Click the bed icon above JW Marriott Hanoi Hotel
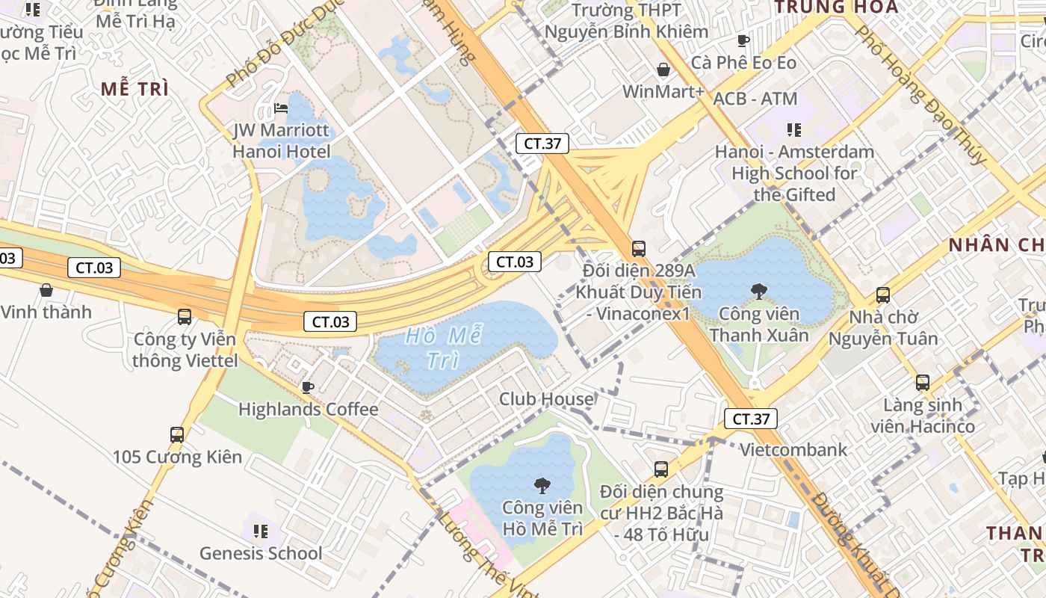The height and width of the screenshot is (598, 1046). coord(281,108)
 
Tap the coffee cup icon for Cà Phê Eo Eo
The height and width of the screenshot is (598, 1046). coord(743,40)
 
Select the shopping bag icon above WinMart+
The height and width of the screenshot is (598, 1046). coord(663,70)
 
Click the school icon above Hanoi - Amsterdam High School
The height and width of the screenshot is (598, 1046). coord(793,130)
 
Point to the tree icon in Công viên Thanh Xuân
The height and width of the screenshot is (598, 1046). coord(758,291)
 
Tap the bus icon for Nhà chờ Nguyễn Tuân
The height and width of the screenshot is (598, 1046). coord(882,295)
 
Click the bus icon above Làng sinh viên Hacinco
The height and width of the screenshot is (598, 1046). coord(923,383)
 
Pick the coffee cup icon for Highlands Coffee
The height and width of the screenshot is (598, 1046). coord(307,386)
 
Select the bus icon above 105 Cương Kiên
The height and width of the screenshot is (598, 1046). coord(177,434)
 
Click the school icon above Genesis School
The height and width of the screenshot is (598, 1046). coord(260,531)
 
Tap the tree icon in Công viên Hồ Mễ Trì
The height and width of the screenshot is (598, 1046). coord(542,486)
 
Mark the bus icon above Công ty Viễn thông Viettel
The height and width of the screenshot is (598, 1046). coord(185,317)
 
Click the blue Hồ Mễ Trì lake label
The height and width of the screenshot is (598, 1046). coord(443,348)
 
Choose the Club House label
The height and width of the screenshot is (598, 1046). coord(546,399)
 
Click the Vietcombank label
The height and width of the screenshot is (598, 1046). coord(793,450)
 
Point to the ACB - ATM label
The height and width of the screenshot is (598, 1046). coord(755,99)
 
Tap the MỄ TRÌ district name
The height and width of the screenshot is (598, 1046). coord(134,89)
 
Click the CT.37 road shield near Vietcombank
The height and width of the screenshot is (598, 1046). coord(751,419)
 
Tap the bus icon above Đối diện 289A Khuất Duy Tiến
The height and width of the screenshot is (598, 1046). coord(638,249)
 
